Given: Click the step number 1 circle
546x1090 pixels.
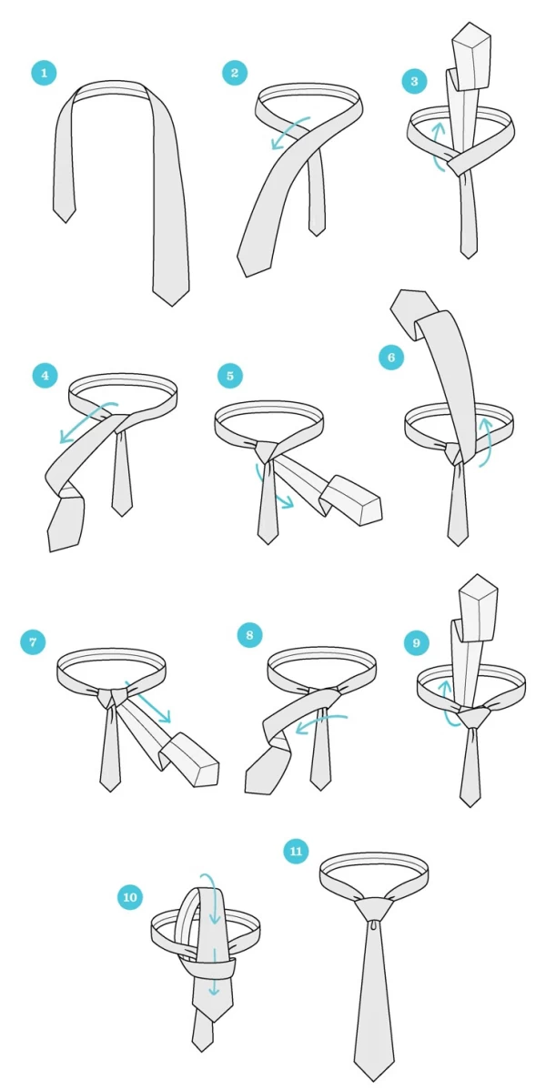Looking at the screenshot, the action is pos(44,73).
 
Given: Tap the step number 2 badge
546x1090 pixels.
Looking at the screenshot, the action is pos(235,73).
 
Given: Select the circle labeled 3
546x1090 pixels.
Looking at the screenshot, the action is pos(415,81).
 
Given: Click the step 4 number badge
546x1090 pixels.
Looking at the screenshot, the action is pos(45,376).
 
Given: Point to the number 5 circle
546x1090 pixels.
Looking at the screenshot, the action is pos(229,376).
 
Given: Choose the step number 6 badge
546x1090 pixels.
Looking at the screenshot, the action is pos(391,358).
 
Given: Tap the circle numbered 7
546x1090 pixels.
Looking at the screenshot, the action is pos(33,641).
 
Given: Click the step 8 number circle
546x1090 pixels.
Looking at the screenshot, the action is pos(249,635).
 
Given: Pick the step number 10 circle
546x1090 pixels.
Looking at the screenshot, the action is pos(130,897).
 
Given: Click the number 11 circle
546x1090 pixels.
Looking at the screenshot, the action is pos(297,852).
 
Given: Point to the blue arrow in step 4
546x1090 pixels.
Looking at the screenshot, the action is pos(87,416).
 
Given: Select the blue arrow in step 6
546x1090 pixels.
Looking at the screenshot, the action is pos(486,441).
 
